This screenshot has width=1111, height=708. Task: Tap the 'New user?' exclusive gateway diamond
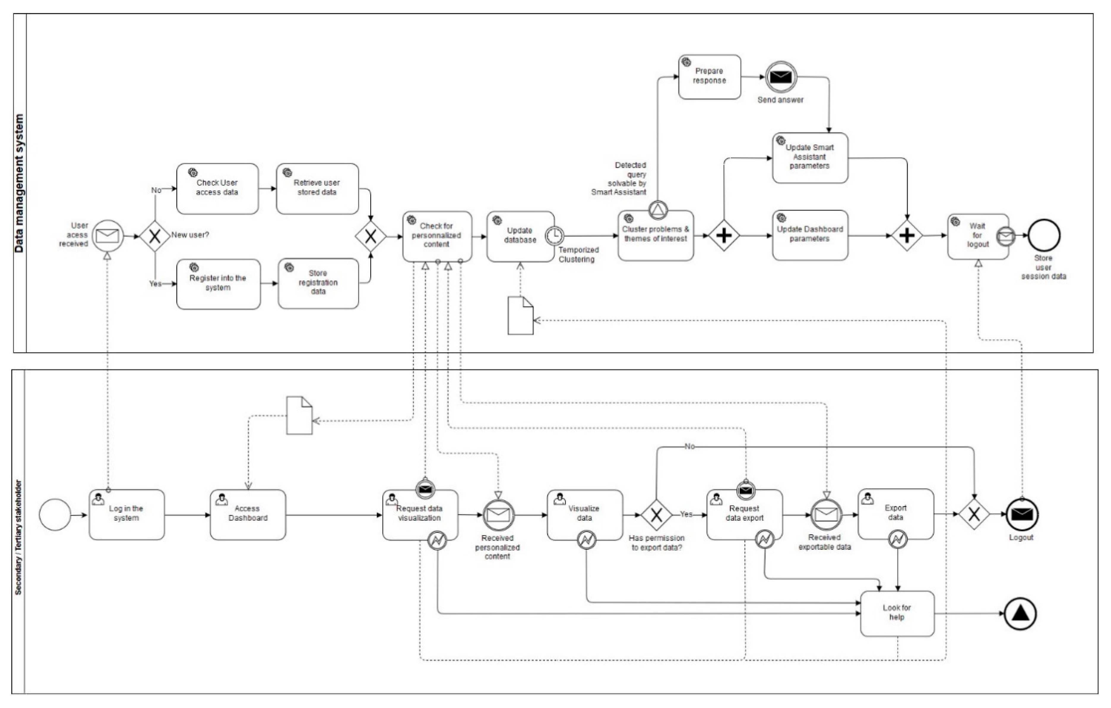point(155,236)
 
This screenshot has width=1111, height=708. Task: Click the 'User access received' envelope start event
point(107,236)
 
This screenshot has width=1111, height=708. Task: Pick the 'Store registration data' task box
point(318,283)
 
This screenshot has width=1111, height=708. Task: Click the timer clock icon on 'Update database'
point(554,236)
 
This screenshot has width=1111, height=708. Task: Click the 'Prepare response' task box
point(709,77)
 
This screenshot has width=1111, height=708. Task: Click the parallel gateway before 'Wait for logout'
point(907,236)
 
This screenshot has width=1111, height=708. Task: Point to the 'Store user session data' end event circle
point(1044,236)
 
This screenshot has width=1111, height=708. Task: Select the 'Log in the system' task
point(126,514)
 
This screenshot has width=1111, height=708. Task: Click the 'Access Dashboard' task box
point(248,514)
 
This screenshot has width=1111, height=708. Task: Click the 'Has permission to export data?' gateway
point(656,514)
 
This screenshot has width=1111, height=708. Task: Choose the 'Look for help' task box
point(897,613)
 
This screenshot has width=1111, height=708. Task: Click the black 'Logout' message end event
point(1022,514)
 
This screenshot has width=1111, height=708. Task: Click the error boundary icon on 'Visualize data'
point(586,540)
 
